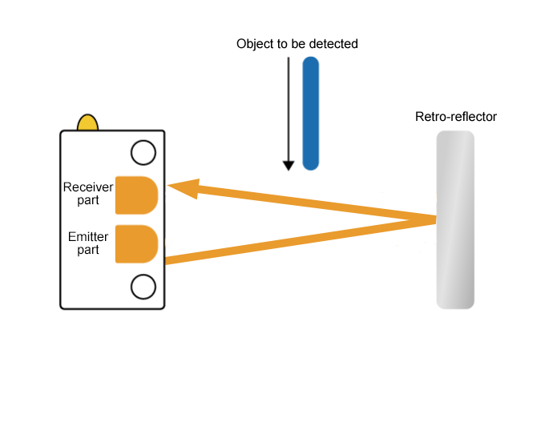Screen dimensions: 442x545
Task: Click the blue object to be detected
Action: (311, 112)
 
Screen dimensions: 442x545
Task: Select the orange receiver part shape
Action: (135, 195)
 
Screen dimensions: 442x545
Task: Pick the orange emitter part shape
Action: (135, 244)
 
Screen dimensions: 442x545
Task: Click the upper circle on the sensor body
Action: (143, 152)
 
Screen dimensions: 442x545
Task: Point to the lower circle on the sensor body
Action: (143, 286)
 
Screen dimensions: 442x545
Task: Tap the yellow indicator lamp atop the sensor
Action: (87, 123)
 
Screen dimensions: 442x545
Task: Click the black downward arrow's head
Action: (289, 165)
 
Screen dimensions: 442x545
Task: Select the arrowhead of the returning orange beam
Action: (181, 188)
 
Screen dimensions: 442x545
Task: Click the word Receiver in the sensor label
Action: (88, 187)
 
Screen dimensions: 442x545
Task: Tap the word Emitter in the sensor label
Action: (88, 237)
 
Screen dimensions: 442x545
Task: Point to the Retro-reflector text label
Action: (456, 117)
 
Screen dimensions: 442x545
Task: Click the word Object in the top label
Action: (254, 44)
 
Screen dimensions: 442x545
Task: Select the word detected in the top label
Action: (335, 44)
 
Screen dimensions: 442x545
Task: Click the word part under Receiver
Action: (88, 200)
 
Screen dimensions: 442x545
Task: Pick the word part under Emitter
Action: (88, 250)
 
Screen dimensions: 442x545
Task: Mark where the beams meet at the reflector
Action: (434, 219)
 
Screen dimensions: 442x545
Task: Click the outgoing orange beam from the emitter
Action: (297, 240)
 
